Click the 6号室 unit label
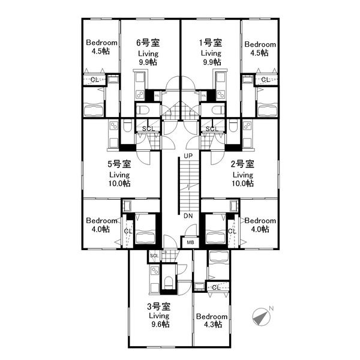point(148,43)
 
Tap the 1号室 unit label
point(211,43)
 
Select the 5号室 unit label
point(119,164)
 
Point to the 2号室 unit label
point(242,164)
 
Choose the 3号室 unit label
point(159,306)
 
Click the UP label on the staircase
point(188,156)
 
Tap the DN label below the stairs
point(188,216)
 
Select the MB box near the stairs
point(190,242)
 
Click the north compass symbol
point(262,316)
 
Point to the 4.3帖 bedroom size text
point(212,325)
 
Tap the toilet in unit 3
point(169,283)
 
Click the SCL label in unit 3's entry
point(154,256)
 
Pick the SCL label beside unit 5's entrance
point(148,129)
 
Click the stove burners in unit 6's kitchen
point(140,94)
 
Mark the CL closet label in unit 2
point(232,231)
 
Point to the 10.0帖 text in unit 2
point(243,184)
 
